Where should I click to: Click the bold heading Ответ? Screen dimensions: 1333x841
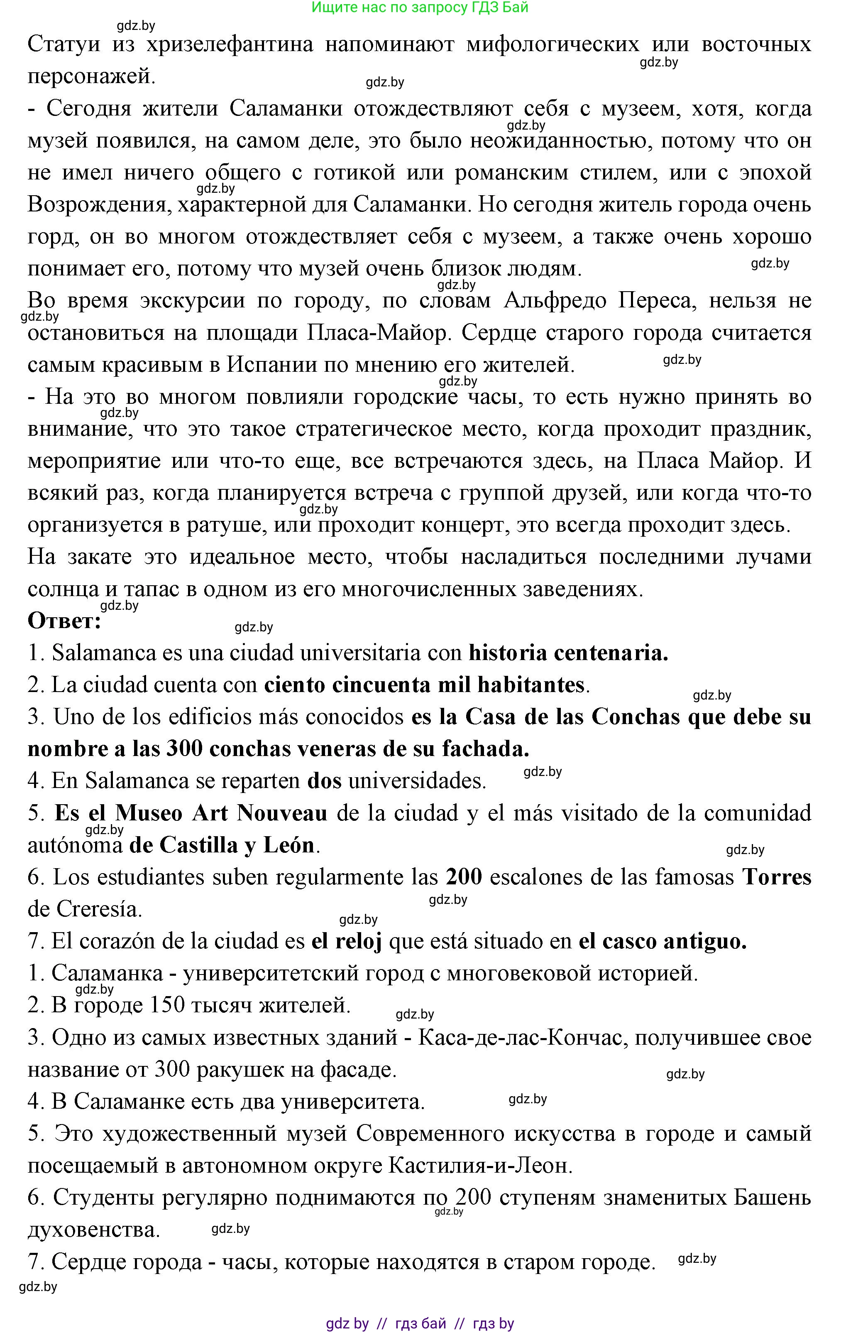coord(64,621)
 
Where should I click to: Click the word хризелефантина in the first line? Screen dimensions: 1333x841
coord(230,44)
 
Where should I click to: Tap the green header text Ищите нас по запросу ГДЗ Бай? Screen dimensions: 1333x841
coord(420,7)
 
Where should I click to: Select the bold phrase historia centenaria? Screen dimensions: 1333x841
coord(568,653)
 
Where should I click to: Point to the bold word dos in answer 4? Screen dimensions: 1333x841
coord(324,781)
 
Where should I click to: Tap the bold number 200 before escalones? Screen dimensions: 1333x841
coord(464,877)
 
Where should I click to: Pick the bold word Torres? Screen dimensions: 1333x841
coord(776,877)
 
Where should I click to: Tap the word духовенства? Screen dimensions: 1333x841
coord(93,1230)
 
